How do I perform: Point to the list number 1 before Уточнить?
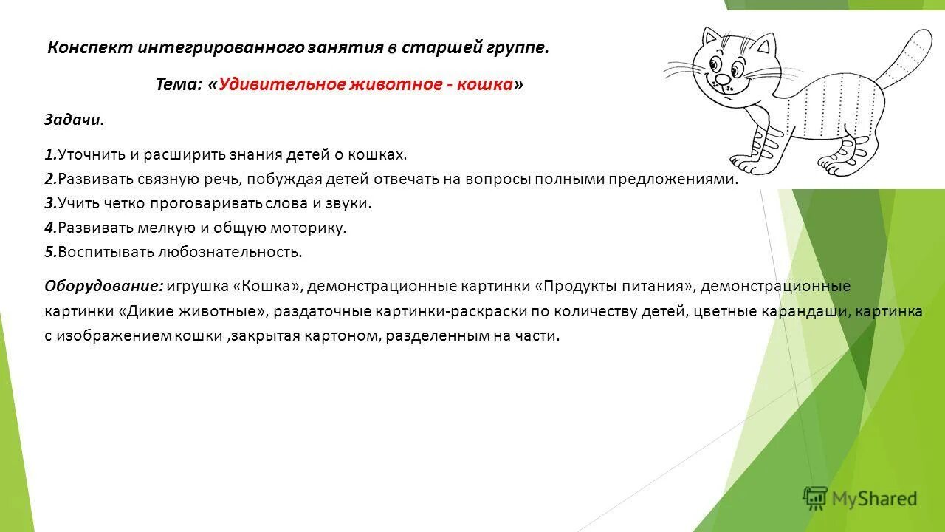click(49, 154)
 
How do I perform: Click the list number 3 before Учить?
click(49, 203)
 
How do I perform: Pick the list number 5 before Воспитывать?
click(49, 252)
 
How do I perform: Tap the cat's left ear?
click(711, 38)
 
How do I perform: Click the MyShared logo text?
click(874, 499)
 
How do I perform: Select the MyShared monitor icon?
click(815, 499)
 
